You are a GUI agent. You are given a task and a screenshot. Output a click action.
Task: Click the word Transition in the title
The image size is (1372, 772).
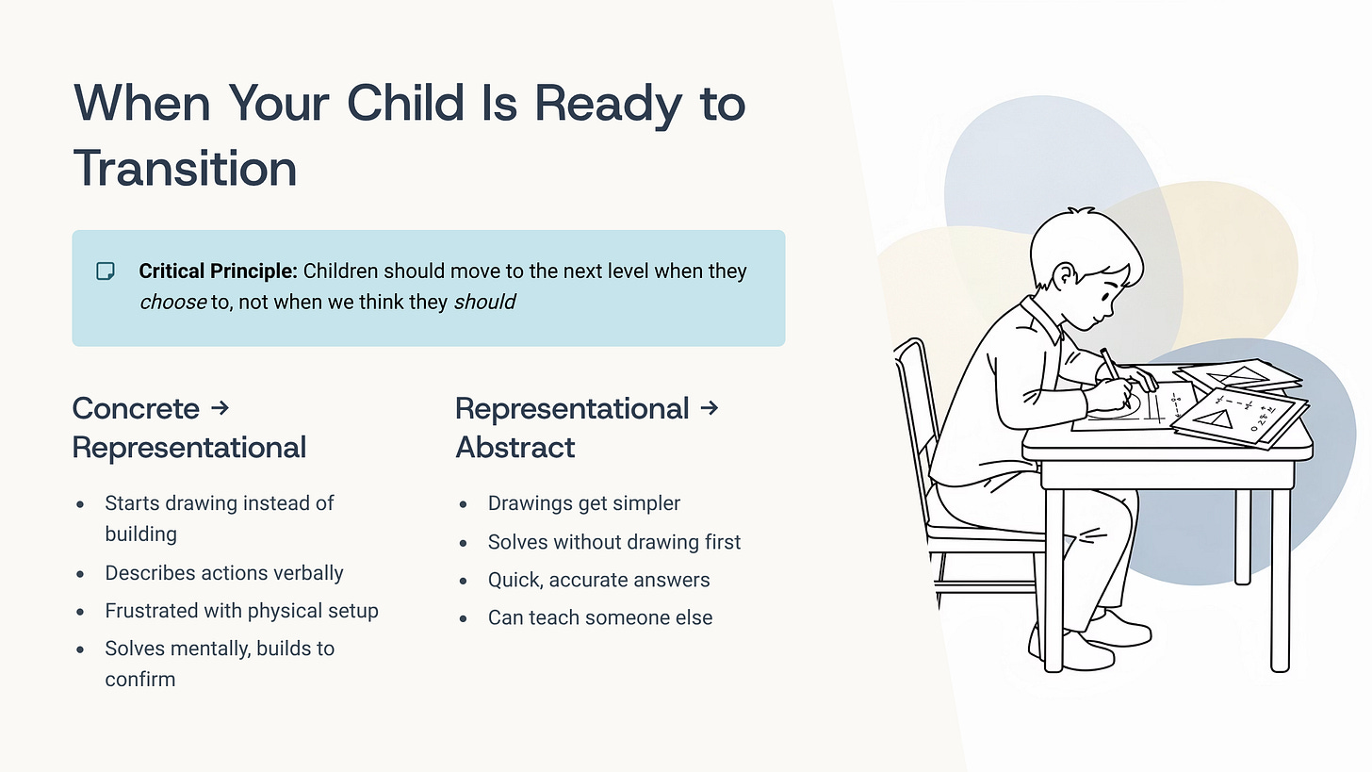pyautogui.click(x=185, y=169)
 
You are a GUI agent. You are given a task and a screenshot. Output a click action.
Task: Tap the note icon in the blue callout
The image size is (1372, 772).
pyautogui.click(x=106, y=271)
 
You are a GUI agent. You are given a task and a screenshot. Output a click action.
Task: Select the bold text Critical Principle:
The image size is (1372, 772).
pyautogui.click(x=218, y=271)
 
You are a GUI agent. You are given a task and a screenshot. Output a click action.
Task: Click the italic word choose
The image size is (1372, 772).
pyautogui.click(x=172, y=302)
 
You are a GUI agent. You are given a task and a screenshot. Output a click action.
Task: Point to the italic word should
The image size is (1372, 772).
pyautogui.click(x=484, y=302)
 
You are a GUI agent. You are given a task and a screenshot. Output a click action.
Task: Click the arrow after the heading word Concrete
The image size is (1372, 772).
pyautogui.click(x=220, y=407)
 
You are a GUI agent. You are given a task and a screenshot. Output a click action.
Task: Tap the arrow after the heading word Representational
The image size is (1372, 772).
pyautogui.click(x=710, y=407)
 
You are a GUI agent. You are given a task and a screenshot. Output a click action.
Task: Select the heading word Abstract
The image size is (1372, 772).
pyautogui.click(x=515, y=447)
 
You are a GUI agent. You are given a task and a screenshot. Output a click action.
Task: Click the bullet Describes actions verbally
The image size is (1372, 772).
pyautogui.click(x=224, y=573)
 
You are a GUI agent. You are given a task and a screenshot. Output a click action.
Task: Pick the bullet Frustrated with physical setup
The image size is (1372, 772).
pyautogui.click(x=241, y=611)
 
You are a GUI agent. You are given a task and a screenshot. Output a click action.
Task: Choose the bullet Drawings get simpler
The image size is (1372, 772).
pyautogui.click(x=583, y=503)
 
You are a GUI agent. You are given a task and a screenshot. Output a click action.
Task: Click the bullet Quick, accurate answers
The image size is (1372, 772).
pyautogui.click(x=598, y=581)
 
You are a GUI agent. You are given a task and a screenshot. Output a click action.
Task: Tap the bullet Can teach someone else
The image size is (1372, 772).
pyautogui.click(x=600, y=617)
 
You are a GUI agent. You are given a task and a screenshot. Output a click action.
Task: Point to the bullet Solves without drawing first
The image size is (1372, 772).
pyautogui.click(x=614, y=542)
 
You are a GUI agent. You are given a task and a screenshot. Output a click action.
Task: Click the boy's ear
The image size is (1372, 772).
pyautogui.click(x=1065, y=275)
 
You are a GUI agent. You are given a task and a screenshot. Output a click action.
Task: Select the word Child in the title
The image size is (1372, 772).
pyautogui.click(x=405, y=103)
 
